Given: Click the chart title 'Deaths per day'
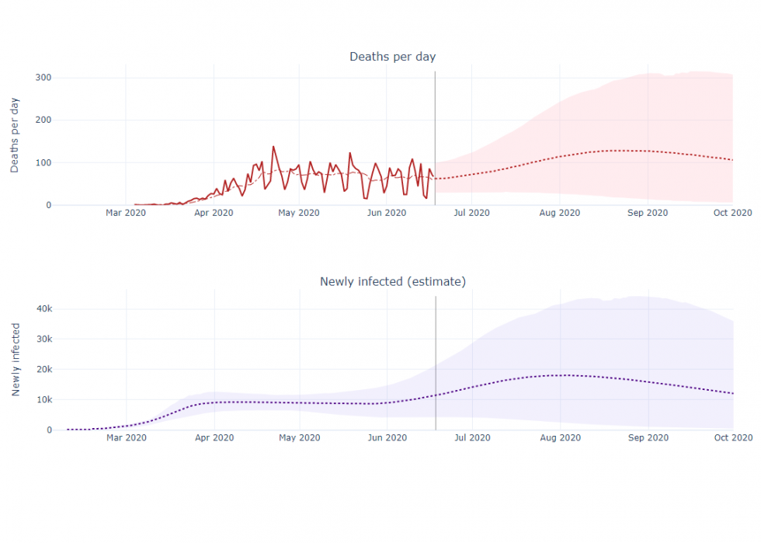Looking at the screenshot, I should [x=392, y=57].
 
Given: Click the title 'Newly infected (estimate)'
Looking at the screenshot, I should [x=392, y=281].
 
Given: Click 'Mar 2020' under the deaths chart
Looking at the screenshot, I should [x=126, y=213].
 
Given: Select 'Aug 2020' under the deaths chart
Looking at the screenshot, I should [x=559, y=213].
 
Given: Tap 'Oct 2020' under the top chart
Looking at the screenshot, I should [x=732, y=213].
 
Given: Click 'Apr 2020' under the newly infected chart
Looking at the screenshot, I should [x=213, y=438].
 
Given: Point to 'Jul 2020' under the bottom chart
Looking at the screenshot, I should [x=471, y=438].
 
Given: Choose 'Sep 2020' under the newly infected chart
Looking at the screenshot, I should [x=647, y=438].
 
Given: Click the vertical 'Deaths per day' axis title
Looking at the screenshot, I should [x=15, y=137].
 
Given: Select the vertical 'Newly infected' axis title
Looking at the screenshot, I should [x=15, y=361].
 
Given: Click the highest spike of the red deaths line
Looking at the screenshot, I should [x=273, y=147].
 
